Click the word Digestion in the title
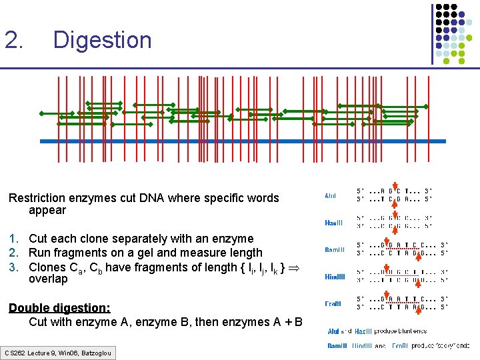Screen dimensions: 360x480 click(x=102, y=40)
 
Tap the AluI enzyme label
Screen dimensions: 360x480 click(x=331, y=195)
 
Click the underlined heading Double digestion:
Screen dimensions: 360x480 click(x=59, y=308)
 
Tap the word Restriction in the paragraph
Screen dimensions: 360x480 click(x=38, y=198)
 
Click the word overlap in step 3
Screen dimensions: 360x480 click(x=48, y=279)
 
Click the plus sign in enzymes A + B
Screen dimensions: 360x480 click(x=287, y=322)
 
